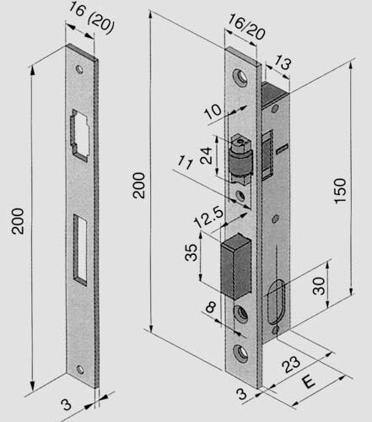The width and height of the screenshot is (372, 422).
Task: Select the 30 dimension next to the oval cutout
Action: pos(318,285)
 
